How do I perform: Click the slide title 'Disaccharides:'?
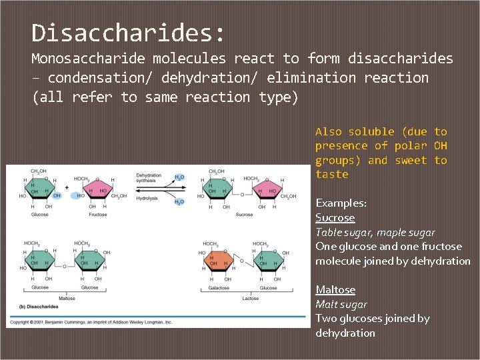129,32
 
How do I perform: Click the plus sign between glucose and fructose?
67,188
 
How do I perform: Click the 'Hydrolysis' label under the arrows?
147,198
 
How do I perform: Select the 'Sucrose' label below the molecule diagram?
244,215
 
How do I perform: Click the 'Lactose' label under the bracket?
250,299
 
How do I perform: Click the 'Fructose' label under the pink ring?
97,215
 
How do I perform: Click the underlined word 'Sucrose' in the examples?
335,218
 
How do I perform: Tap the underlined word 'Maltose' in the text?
335,290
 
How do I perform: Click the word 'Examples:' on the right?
341,203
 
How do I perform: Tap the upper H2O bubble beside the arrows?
179,177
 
